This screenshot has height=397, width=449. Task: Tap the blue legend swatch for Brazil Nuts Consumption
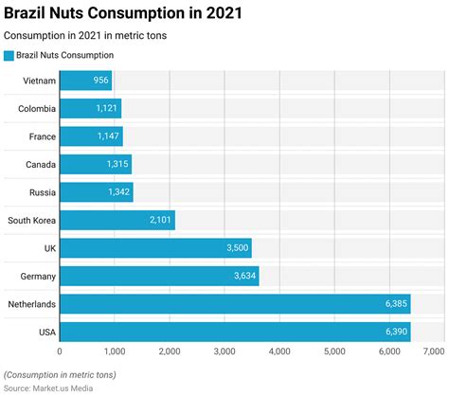(x=9, y=56)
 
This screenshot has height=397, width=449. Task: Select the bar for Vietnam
(x=86, y=81)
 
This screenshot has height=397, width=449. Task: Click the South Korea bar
(x=117, y=221)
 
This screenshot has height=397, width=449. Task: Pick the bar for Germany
(x=159, y=277)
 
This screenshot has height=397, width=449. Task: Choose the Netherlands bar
(x=235, y=305)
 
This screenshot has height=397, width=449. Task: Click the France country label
(x=40, y=137)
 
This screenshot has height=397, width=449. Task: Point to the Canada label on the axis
(x=39, y=165)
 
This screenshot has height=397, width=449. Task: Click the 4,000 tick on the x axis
(x=280, y=352)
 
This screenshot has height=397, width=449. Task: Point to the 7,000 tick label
(x=432, y=352)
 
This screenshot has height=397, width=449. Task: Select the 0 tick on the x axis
(x=60, y=352)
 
